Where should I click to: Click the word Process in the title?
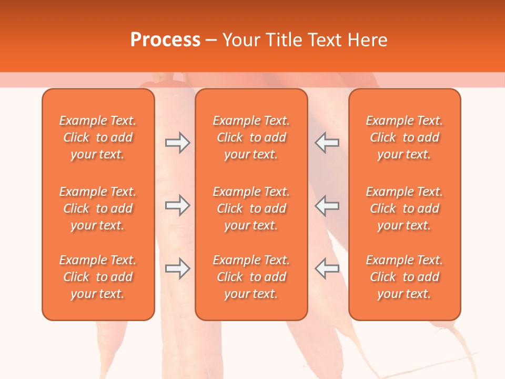(x=165, y=40)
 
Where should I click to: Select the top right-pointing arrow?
(x=177, y=143)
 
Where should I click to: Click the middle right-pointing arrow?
(x=177, y=205)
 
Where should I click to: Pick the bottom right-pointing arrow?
(x=177, y=268)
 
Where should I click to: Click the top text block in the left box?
(x=98, y=137)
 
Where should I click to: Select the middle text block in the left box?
(x=98, y=208)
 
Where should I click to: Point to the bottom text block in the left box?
(x=98, y=277)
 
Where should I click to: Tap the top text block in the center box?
(x=251, y=137)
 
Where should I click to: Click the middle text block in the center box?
(x=251, y=208)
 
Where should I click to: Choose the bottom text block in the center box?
(x=251, y=277)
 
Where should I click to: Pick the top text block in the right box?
(x=404, y=137)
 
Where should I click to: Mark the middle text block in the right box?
(x=404, y=208)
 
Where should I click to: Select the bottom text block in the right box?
(x=404, y=277)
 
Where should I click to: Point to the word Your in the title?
(x=240, y=40)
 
